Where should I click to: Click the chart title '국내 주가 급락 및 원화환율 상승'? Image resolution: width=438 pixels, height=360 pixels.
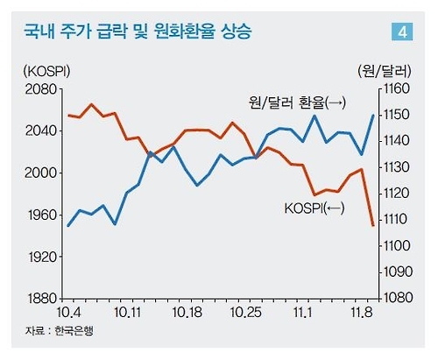point(138,33)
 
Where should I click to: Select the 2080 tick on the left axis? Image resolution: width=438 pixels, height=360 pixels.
point(41,89)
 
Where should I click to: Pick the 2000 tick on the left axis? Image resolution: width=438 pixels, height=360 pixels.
point(41,173)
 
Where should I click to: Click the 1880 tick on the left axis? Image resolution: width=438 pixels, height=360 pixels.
point(41,299)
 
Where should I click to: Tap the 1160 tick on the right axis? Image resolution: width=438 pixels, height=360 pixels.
point(395,89)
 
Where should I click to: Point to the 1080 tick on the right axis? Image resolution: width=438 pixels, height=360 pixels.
point(395,299)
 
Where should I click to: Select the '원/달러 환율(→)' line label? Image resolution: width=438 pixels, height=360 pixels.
point(298,103)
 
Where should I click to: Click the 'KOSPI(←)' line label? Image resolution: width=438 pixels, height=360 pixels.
point(314,208)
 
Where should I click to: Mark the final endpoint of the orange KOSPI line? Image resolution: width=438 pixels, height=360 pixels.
point(373,226)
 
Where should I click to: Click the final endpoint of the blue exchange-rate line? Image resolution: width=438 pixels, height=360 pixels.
point(373,116)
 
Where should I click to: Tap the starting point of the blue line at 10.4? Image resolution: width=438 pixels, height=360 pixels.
point(68,226)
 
